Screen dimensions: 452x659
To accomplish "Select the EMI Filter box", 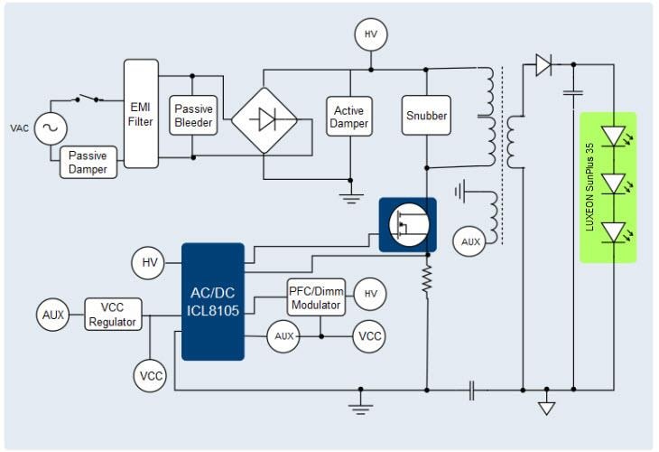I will (x=140, y=113).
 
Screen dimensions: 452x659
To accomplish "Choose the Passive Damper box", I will (x=88, y=163).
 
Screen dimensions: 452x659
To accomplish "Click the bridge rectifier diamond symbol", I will (x=263, y=120).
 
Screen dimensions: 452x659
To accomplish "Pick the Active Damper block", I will (x=348, y=116).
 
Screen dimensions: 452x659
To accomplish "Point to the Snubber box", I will (x=425, y=116).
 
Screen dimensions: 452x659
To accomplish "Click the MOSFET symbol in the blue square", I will (x=406, y=225).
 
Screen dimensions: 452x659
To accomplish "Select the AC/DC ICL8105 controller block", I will (x=213, y=301).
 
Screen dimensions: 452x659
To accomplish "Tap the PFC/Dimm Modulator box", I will (x=316, y=297).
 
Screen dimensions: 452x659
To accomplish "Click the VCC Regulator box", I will (x=113, y=315).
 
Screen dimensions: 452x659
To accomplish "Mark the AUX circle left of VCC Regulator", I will (x=52, y=315).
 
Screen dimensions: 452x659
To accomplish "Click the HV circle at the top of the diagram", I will (x=370, y=35).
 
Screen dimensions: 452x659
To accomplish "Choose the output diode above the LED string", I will (x=543, y=64).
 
